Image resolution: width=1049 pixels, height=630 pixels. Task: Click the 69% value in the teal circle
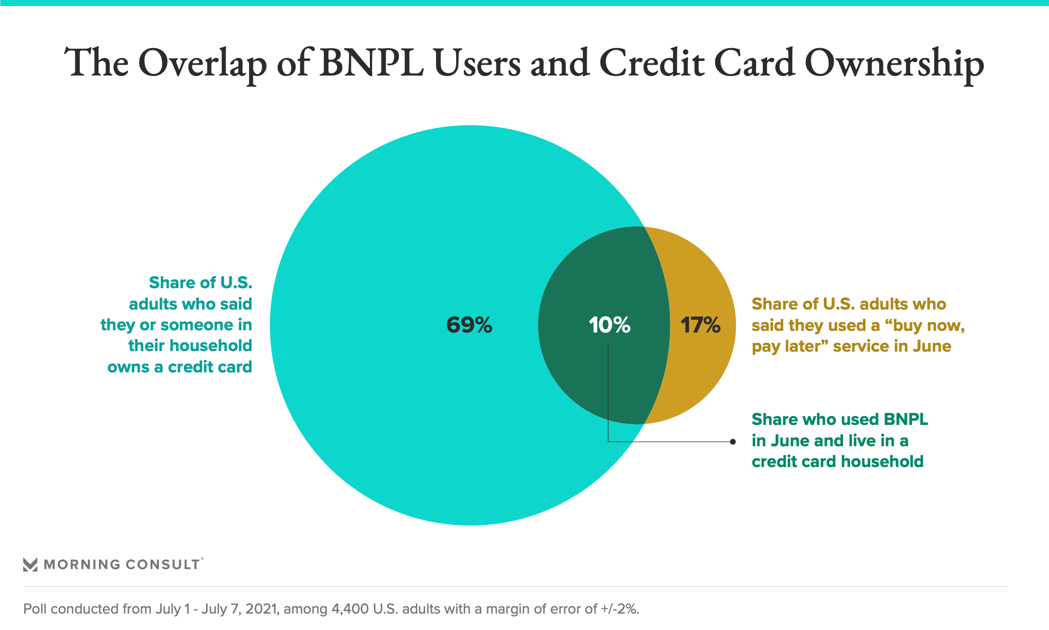pos(469,325)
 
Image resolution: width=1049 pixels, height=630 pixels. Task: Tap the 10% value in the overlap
pos(609,325)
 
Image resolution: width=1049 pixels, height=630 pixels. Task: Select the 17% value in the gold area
pos(700,325)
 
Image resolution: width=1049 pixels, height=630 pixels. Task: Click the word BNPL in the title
pos(371,63)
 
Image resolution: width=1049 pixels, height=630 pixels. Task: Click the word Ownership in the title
pos(894,63)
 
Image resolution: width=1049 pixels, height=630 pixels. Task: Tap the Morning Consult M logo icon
pos(30,564)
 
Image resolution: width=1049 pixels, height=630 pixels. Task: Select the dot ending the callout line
pos(733,441)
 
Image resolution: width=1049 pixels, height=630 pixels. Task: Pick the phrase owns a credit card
pos(180,367)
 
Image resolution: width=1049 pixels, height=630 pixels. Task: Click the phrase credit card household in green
pos(837,462)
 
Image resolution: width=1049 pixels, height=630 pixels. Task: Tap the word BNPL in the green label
pos(905,419)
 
